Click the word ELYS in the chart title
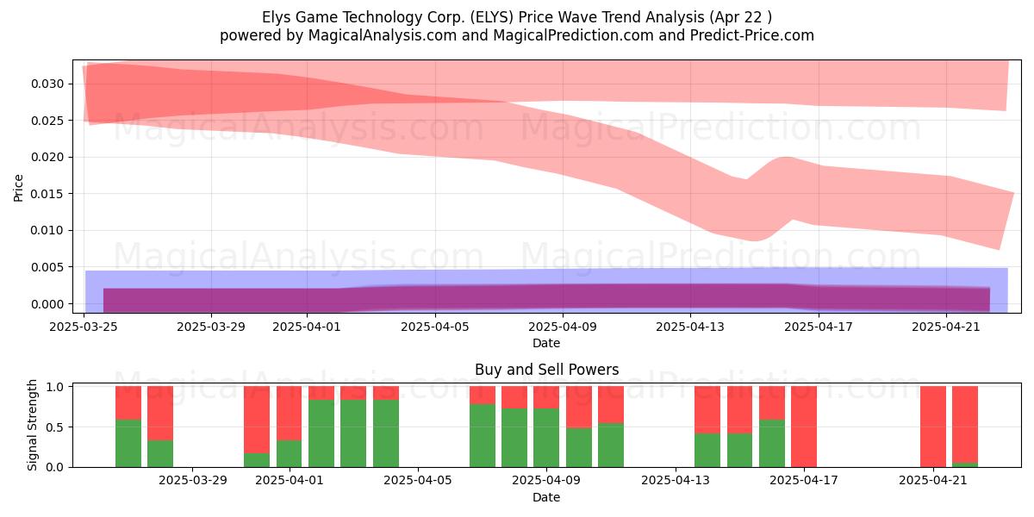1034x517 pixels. coord(492,17)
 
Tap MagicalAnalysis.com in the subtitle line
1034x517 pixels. coord(383,35)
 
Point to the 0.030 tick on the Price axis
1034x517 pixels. coord(47,84)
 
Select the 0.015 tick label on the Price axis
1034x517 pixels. coord(47,194)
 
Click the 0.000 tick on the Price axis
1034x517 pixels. coord(47,304)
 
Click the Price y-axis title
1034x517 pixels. coord(18,188)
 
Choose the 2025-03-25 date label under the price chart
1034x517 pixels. coord(84,327)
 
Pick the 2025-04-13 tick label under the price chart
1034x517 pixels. coord(690,327)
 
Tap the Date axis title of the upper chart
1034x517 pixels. coord(546,343)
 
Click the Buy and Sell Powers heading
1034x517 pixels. coord(546,370)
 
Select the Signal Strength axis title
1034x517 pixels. coord(32,425)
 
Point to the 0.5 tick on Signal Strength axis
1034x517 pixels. coord(55,427)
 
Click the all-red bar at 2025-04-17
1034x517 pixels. coord(804,427)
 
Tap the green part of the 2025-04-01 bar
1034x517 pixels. coord(289,454)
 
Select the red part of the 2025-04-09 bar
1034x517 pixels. coord(546,397)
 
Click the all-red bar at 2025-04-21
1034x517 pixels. coord(933,427)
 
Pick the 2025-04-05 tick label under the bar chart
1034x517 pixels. coord(418,481)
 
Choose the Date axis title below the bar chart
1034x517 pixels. coord(546,497)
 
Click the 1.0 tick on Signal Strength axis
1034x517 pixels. coord(55,387)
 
